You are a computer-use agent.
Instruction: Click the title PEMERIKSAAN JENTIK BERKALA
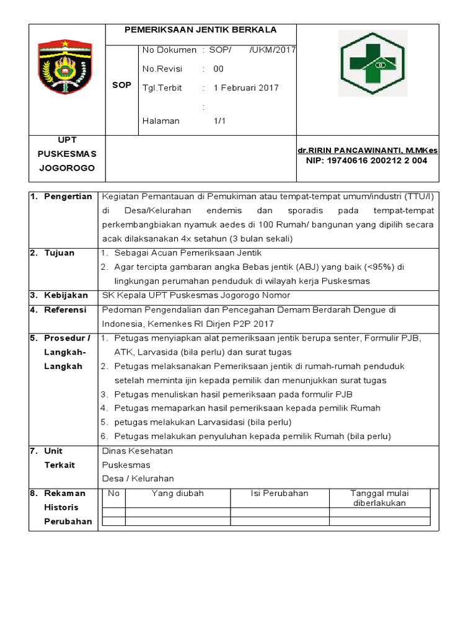pos(200,30)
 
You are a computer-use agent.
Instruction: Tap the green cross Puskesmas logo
pos(372,63)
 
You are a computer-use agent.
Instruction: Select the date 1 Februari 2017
pos(246,87)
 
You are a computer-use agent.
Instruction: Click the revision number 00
pos(219,69)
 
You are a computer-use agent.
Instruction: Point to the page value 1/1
pos(219,121)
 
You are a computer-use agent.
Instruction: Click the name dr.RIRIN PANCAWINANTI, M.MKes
pos(368,151)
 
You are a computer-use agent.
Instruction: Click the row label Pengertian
pos(68,197)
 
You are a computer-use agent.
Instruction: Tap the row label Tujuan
pos(59,253)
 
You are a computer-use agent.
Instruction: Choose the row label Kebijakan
pos(66,295)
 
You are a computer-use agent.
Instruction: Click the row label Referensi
pos(66,309)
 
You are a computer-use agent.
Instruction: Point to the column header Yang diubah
pos(178,494)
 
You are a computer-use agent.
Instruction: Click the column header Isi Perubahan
pos(280,494)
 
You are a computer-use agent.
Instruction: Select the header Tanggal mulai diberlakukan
pos(379,498)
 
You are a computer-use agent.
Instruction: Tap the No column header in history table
pos(113,494)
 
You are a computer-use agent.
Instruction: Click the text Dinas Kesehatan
pos(137,451)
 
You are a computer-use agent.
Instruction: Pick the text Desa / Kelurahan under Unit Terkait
pos(138,478)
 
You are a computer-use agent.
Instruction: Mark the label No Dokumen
pos(169,50)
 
